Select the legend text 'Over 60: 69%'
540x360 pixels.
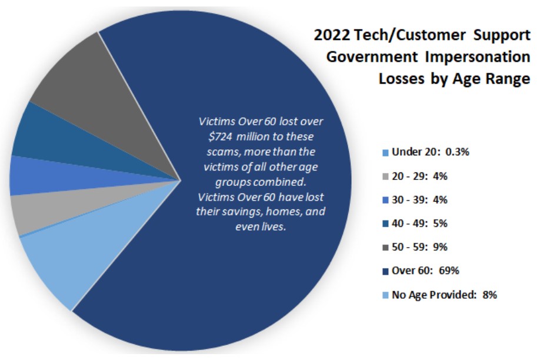pos(425,271)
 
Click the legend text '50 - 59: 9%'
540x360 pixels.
pos(419,247)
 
